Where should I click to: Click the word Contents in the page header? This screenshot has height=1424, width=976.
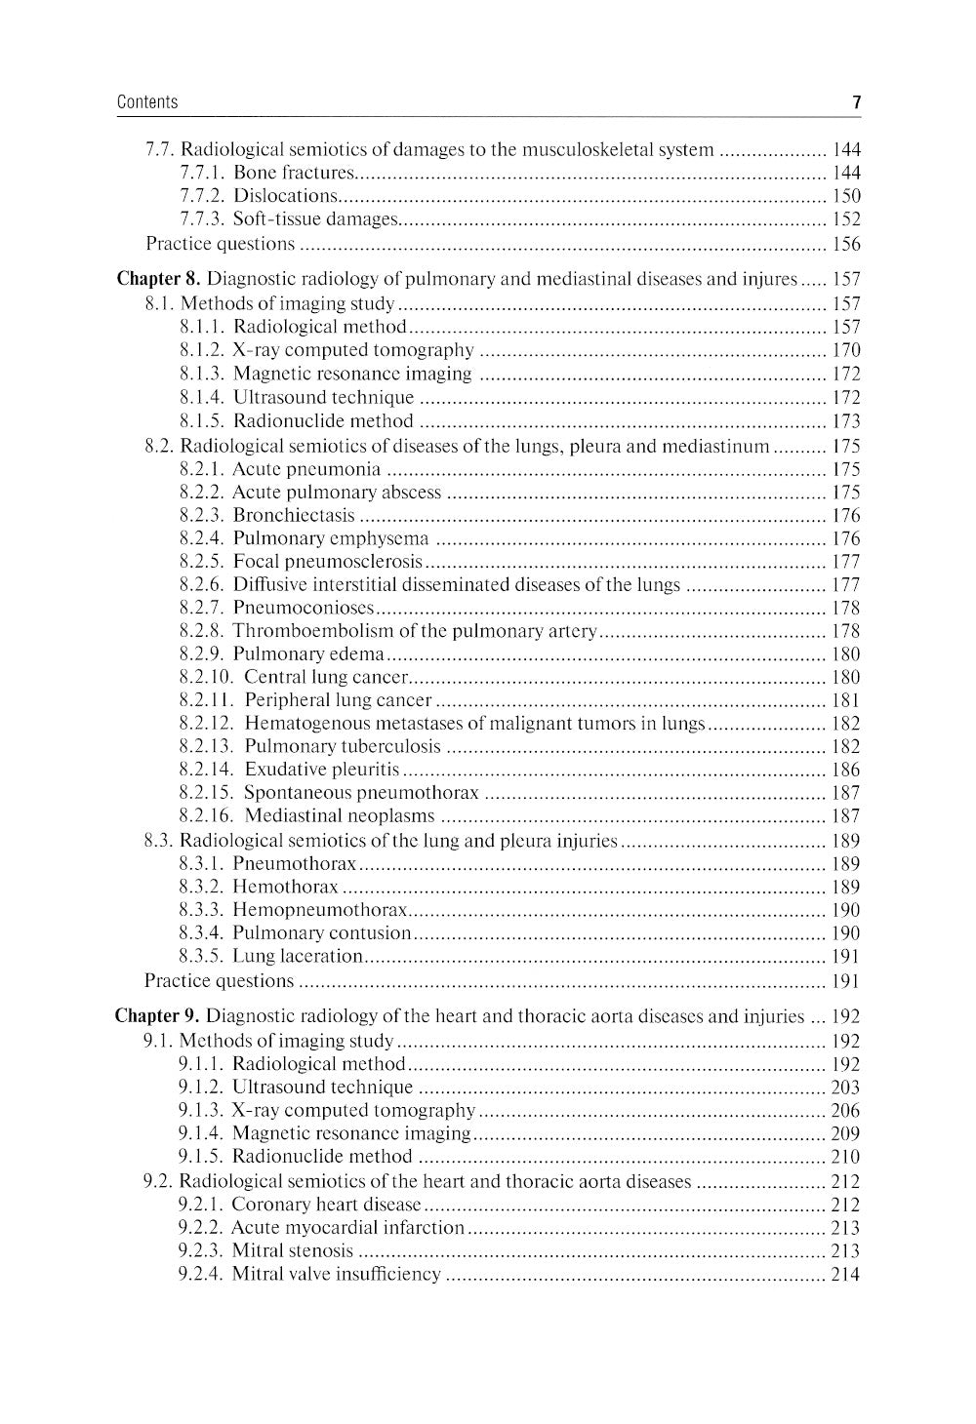147,102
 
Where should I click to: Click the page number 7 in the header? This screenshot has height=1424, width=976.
856,102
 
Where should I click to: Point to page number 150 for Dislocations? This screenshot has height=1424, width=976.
846,197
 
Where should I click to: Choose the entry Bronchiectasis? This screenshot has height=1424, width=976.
294,516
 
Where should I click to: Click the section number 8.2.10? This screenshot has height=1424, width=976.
206,677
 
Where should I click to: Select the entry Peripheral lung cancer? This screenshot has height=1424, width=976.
338,700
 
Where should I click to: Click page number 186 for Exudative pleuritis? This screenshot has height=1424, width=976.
846,771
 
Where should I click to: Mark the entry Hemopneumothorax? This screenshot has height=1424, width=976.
320,910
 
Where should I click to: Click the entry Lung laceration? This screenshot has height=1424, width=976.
298,957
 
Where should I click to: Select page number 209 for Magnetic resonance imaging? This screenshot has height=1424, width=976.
845,1133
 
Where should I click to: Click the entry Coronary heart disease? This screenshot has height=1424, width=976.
327,1205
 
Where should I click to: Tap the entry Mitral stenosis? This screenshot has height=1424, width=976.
293,1250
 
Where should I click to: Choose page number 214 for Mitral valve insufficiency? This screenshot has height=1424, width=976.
845,1274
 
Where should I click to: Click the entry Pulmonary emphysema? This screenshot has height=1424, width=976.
331,538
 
